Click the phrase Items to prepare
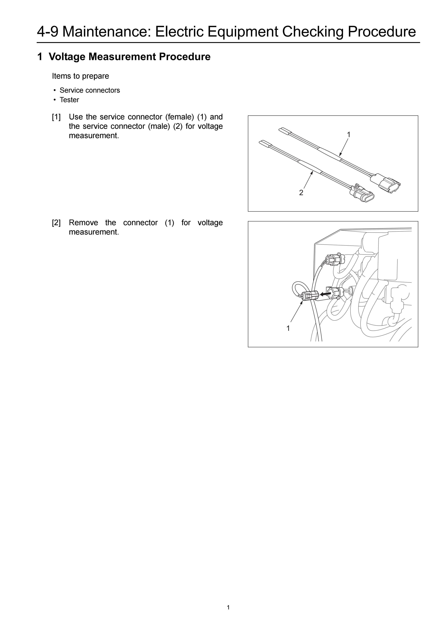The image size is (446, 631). point(81,76)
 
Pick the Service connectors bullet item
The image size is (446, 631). point(90,90)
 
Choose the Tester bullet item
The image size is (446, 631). point(69,100)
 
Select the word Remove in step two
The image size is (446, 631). point(83,222)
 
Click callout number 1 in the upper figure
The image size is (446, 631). point(348,135)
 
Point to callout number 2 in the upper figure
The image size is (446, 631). point(301,193)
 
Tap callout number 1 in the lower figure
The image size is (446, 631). point(288,328)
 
